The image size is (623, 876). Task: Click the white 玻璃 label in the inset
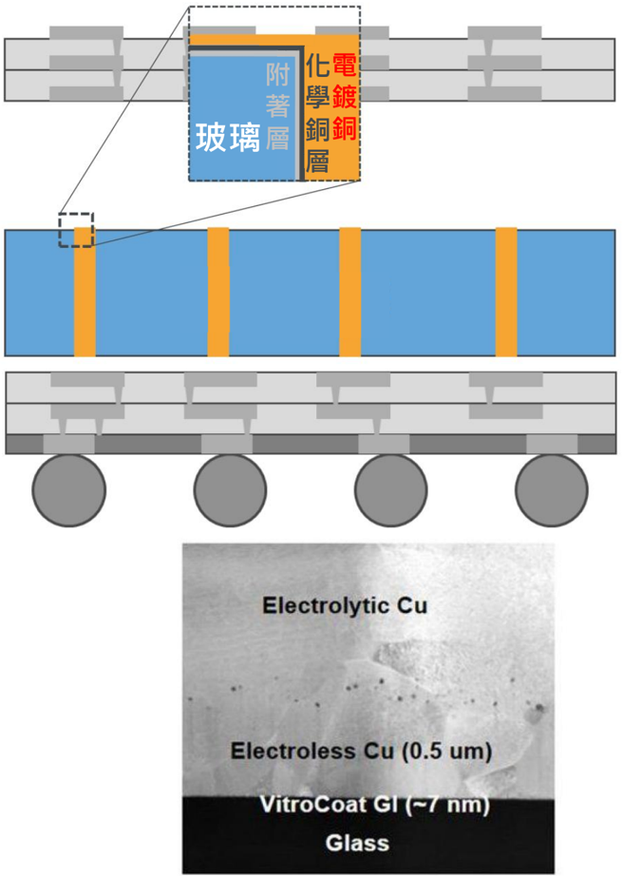click(228, 138)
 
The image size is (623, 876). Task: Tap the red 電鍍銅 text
click(345, 97)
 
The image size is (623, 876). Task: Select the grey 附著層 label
click(277, 106)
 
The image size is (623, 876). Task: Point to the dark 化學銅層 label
click(317, 114)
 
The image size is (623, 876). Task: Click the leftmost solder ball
click(68, 490)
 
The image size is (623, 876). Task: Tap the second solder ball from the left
click(230, 490)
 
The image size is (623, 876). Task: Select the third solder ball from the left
click(390, 490)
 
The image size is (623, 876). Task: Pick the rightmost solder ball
click(552, 490)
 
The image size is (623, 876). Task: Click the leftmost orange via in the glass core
click(85, 292)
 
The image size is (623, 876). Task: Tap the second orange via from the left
click(218, 292)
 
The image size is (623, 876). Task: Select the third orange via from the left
click(350, 292)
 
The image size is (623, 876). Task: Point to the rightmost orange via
click(506, 292)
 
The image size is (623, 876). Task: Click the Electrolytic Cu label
click(345, 605)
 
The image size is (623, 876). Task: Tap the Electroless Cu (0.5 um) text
click(361, 751)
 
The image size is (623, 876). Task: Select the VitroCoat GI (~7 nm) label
click(374, 805)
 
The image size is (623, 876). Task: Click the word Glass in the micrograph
click(357, 843)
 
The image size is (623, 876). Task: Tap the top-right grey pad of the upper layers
click(504, 32)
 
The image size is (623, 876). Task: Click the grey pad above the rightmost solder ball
click(552, 444)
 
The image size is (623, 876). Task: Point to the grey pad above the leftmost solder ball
click(69, 444)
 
